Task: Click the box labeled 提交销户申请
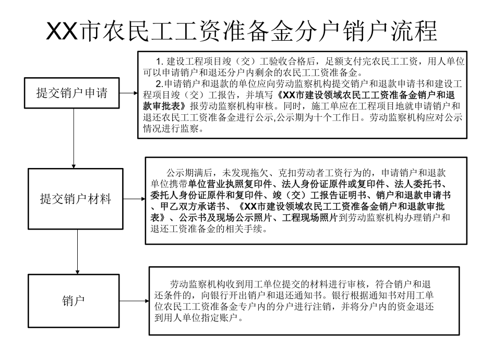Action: [x=71, y=94]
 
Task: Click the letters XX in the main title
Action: [x=62, y=31]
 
